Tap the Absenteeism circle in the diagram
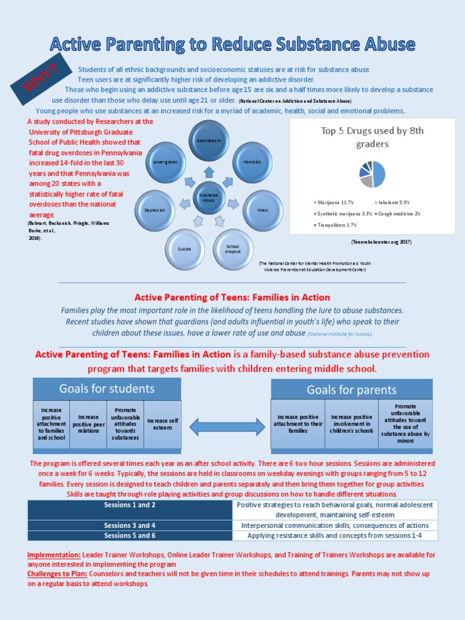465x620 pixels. pyautogui.click(x=209, y=140)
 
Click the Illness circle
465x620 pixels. pyautogui.click(x=262, y=210)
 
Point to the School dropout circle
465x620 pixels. pyautogui.click(x=233, y=248)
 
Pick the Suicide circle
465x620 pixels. pyautogui.click(x=185, y=248)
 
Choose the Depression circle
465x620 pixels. pyautogui.click(x=154, y=210)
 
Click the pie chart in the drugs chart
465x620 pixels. pyautogui.click(x=372, y=174)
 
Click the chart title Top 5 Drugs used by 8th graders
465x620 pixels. pyautogui.click(x=372, y=137)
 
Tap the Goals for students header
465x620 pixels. pyautogui.click(x=107, y=389)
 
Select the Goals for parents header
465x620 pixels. pyautogui.click(x=351, y=389)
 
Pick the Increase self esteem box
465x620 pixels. pyautogui.click(x=163, y=424)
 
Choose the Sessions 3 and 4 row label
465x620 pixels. pyautogui.click(x=130, y=525)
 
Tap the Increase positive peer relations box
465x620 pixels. pyautogui.click(x=88, y=424)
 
